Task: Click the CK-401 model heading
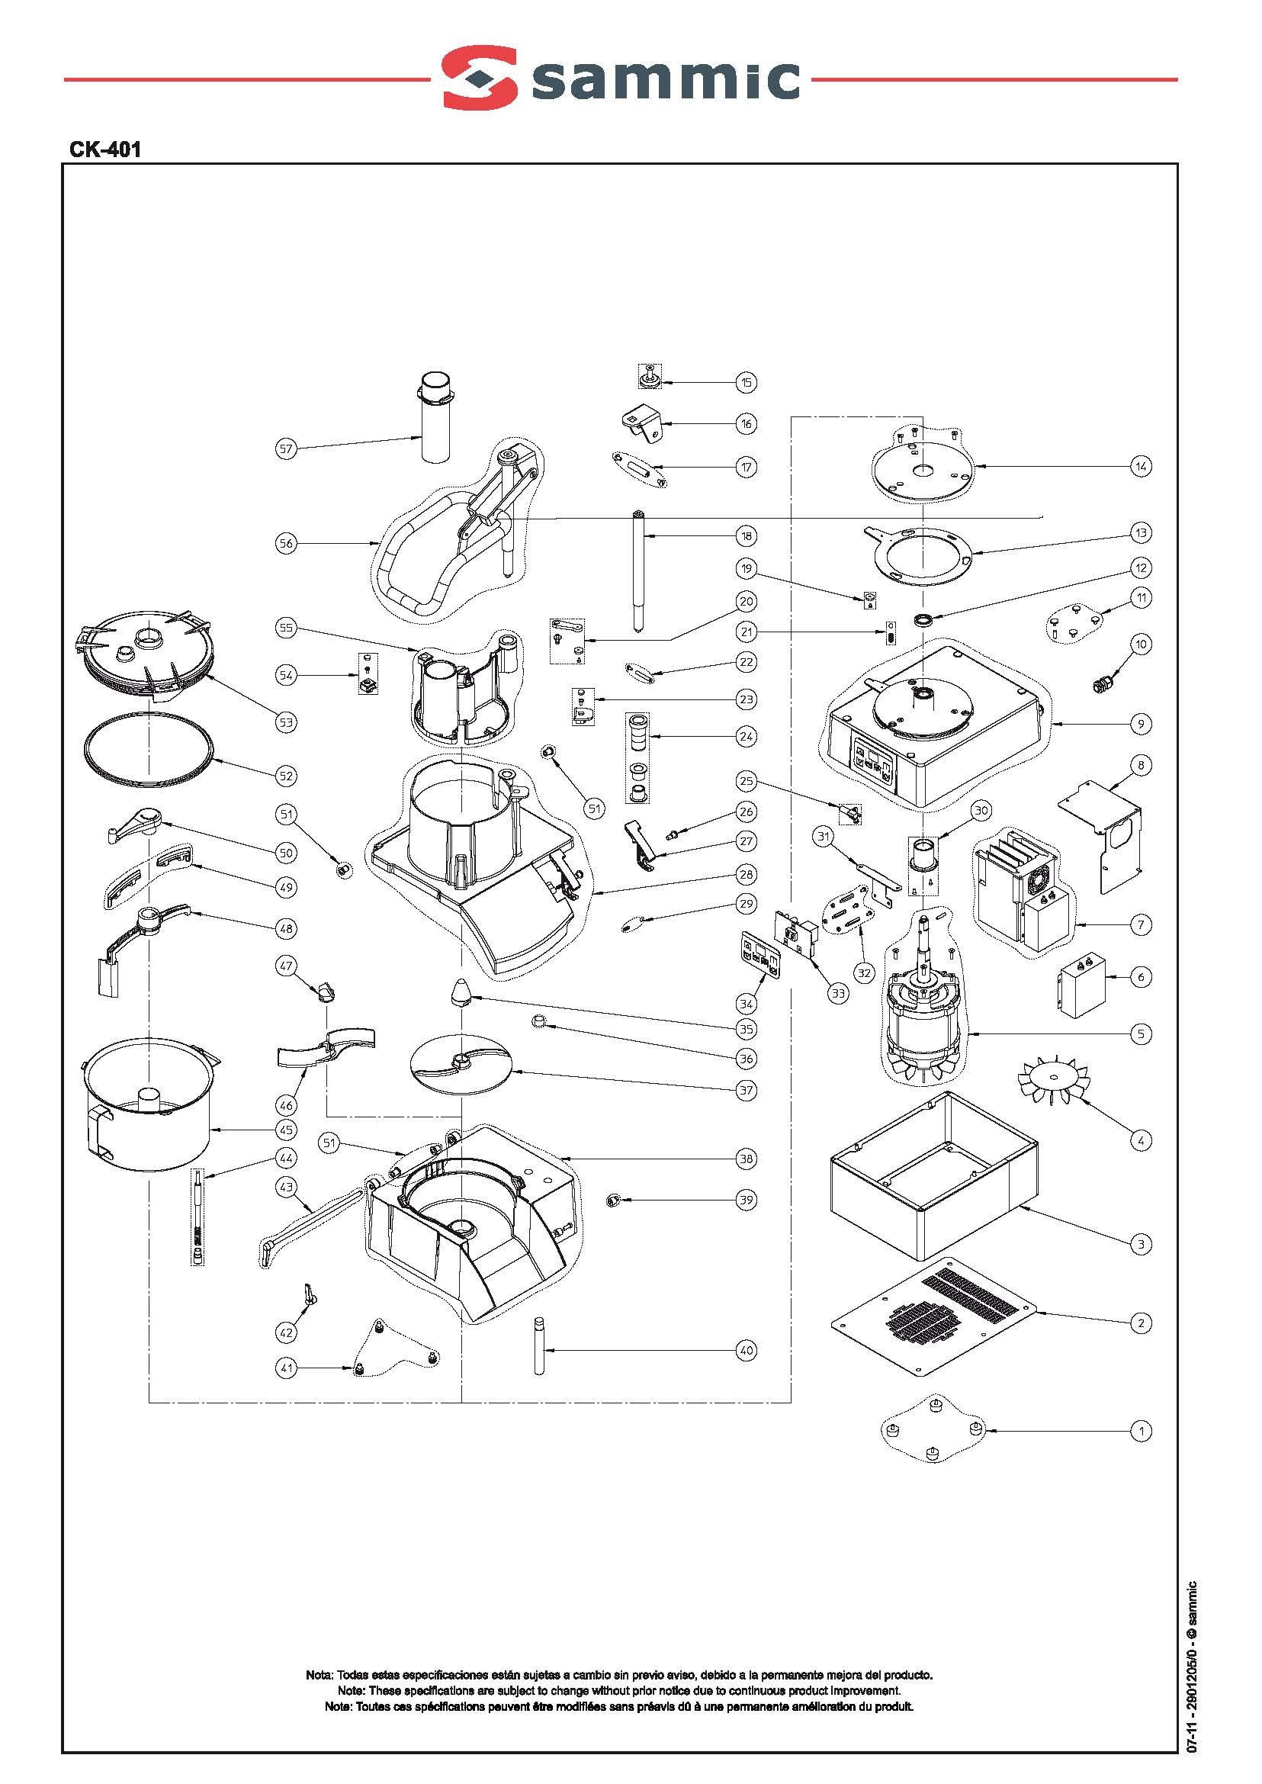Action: (105, 149)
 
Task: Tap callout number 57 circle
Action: (287, 448)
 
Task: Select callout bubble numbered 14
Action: (1141, 467)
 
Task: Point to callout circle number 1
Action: (1141, 1430)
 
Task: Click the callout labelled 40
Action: (746, 1351)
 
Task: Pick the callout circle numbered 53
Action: (287, 722)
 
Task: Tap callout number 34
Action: (746, 1004)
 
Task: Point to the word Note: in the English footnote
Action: (352, 1691)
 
